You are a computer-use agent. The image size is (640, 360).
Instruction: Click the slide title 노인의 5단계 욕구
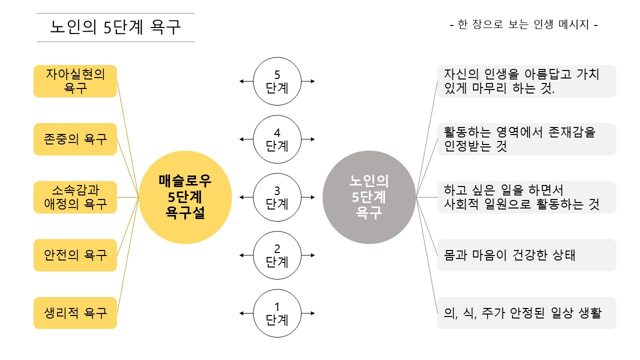pyautogui.click(x=115, y=27)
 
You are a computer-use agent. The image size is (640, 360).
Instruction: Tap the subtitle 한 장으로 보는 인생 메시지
pyautogui.click(x=524, y=24)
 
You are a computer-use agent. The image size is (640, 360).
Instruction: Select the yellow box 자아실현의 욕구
pyautogui.click(x=75, y=81)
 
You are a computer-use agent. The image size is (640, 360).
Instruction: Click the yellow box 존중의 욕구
pyautogui.click(x=75, y=139)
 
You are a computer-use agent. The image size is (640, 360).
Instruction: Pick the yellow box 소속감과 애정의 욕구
pyautogui.click(x=75, y=197)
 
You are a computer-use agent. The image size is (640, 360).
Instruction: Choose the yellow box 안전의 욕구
pyautogui.click(x=75, y=255)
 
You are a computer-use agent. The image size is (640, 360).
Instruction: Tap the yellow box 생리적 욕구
pyautogui.click(x=75, y=313)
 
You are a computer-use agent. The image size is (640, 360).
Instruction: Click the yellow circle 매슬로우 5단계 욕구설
pyautogui.click(x=185, y=197)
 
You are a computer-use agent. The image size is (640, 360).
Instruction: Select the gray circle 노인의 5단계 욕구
pyautogui.click(x=369, y=197)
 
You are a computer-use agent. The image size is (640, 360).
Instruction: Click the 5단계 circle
pyautogui.click(x=277, y=81)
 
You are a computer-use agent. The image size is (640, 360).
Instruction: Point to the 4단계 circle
pyautogui.click(x=277, y=139)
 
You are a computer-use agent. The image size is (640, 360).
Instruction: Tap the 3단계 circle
pyautogui.click(x=277, y=197)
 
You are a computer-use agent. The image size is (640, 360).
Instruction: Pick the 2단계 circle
pyautogui.click(x=277, y=255)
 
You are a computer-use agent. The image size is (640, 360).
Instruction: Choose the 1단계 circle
pyautogui.click(x=277, y=313)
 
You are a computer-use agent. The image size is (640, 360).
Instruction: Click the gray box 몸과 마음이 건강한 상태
pyautogui.click(x=526, y=255)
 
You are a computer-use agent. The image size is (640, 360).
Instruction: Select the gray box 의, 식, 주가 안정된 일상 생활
pyautogui.click(x=526, y=313)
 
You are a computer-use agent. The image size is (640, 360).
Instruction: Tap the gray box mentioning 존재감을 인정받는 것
pyautogui.click(x=526, y=139)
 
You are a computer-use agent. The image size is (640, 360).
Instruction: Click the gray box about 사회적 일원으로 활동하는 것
pyautogui.click(x=526, y=197)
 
